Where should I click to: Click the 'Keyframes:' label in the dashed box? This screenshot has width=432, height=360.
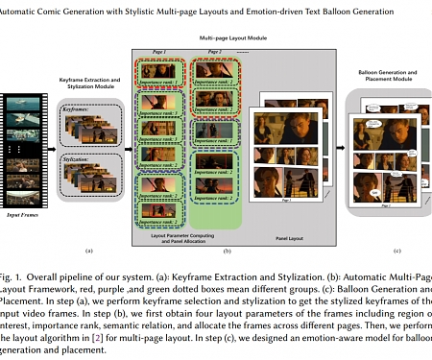[76, 110]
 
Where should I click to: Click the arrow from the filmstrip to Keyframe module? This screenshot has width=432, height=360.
[51, 145]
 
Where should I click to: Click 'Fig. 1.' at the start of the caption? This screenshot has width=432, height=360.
[13, 263]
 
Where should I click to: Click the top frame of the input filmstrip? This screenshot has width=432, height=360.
[21, 104]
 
